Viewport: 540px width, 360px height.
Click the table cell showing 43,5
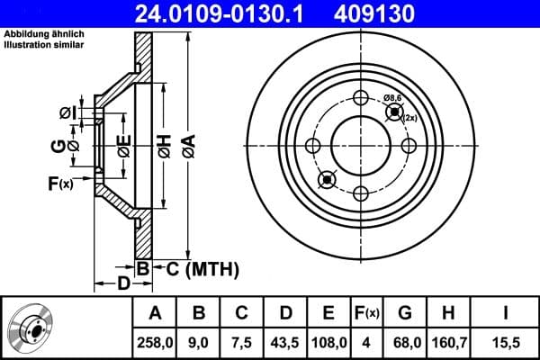[284, 343]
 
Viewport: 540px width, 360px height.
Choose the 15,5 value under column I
[507, 343]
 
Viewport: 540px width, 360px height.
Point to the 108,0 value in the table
[328, 343]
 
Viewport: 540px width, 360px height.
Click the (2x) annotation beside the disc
[410, 118]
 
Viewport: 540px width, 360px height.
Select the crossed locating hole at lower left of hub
[327, 179]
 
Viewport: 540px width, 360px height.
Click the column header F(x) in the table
[367, 313]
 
